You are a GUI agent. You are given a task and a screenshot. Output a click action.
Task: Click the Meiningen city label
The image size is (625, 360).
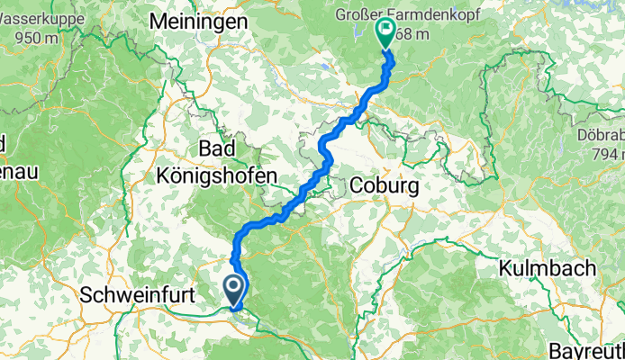click(x=200, y=20)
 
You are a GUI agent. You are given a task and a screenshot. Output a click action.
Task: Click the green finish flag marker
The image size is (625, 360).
click(x=385, y=33)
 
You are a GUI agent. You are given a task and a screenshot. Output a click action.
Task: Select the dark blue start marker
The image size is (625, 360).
click(x=233, y=290)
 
